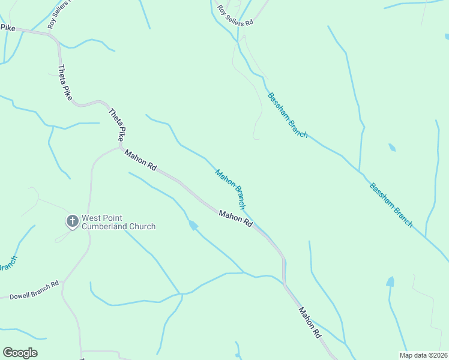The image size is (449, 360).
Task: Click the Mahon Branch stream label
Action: click(231, 189)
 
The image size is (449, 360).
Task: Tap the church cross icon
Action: click(72, 221)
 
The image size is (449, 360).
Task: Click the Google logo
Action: click(20, 353)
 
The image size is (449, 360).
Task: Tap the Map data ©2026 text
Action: click(423, 355)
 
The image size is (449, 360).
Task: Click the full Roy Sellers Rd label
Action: click(236, 15)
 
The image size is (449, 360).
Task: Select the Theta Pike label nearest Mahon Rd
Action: click(118, 124)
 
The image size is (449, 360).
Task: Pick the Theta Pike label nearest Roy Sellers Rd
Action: click(64, 82)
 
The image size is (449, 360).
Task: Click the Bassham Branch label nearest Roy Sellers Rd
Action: click(288, 115)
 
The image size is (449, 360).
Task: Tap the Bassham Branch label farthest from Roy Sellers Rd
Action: click(391, 205)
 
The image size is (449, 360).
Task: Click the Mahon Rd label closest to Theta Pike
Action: click(140, 161)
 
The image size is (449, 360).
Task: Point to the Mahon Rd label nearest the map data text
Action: click(310, 323)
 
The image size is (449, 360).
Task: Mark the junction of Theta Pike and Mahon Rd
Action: click(121, 146)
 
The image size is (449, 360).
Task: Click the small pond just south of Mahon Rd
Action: click(193, 225)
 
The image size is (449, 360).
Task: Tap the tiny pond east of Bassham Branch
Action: click(392, 147)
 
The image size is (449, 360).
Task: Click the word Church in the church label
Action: click(144, 226)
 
